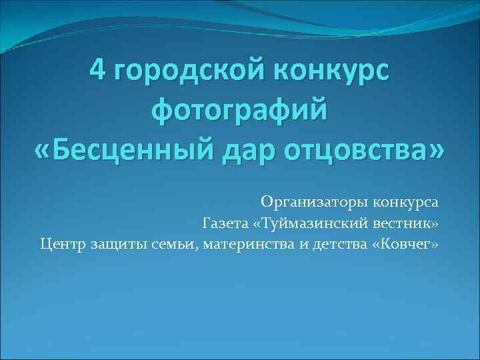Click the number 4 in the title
pos(97,69)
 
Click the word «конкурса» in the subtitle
pos(405,201)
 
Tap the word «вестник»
pos(405,222)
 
